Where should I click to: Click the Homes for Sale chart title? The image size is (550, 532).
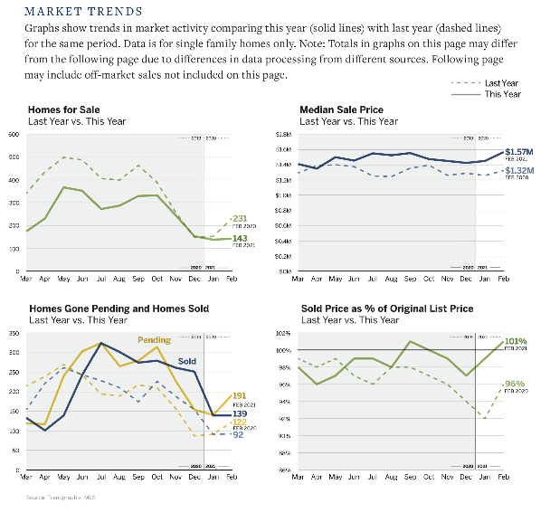64,109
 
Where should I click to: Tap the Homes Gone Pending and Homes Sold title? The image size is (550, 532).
119,309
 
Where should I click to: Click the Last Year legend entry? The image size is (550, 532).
502,82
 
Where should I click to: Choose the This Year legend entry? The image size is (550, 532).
502,94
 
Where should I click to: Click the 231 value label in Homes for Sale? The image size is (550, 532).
240,218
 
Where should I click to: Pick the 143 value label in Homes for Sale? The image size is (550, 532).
240,239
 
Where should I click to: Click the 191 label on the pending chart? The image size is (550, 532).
240,395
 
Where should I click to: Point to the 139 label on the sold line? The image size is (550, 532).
240,413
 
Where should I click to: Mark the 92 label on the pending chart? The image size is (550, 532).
238,435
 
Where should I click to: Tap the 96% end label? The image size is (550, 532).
515,384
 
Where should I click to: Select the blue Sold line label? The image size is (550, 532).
187,360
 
